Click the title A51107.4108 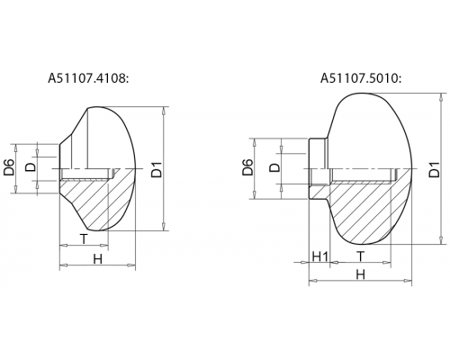coord(88,78)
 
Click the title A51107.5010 coord(361,78)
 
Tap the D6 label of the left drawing coord(9,167)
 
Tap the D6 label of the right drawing coord(248,167)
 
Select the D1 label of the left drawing coord(157,169)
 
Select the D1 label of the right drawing coord(434,169)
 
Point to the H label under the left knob coord(98,258)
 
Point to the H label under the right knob coord(360,274)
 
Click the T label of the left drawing coord(84,239)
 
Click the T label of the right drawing coord(360,256)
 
